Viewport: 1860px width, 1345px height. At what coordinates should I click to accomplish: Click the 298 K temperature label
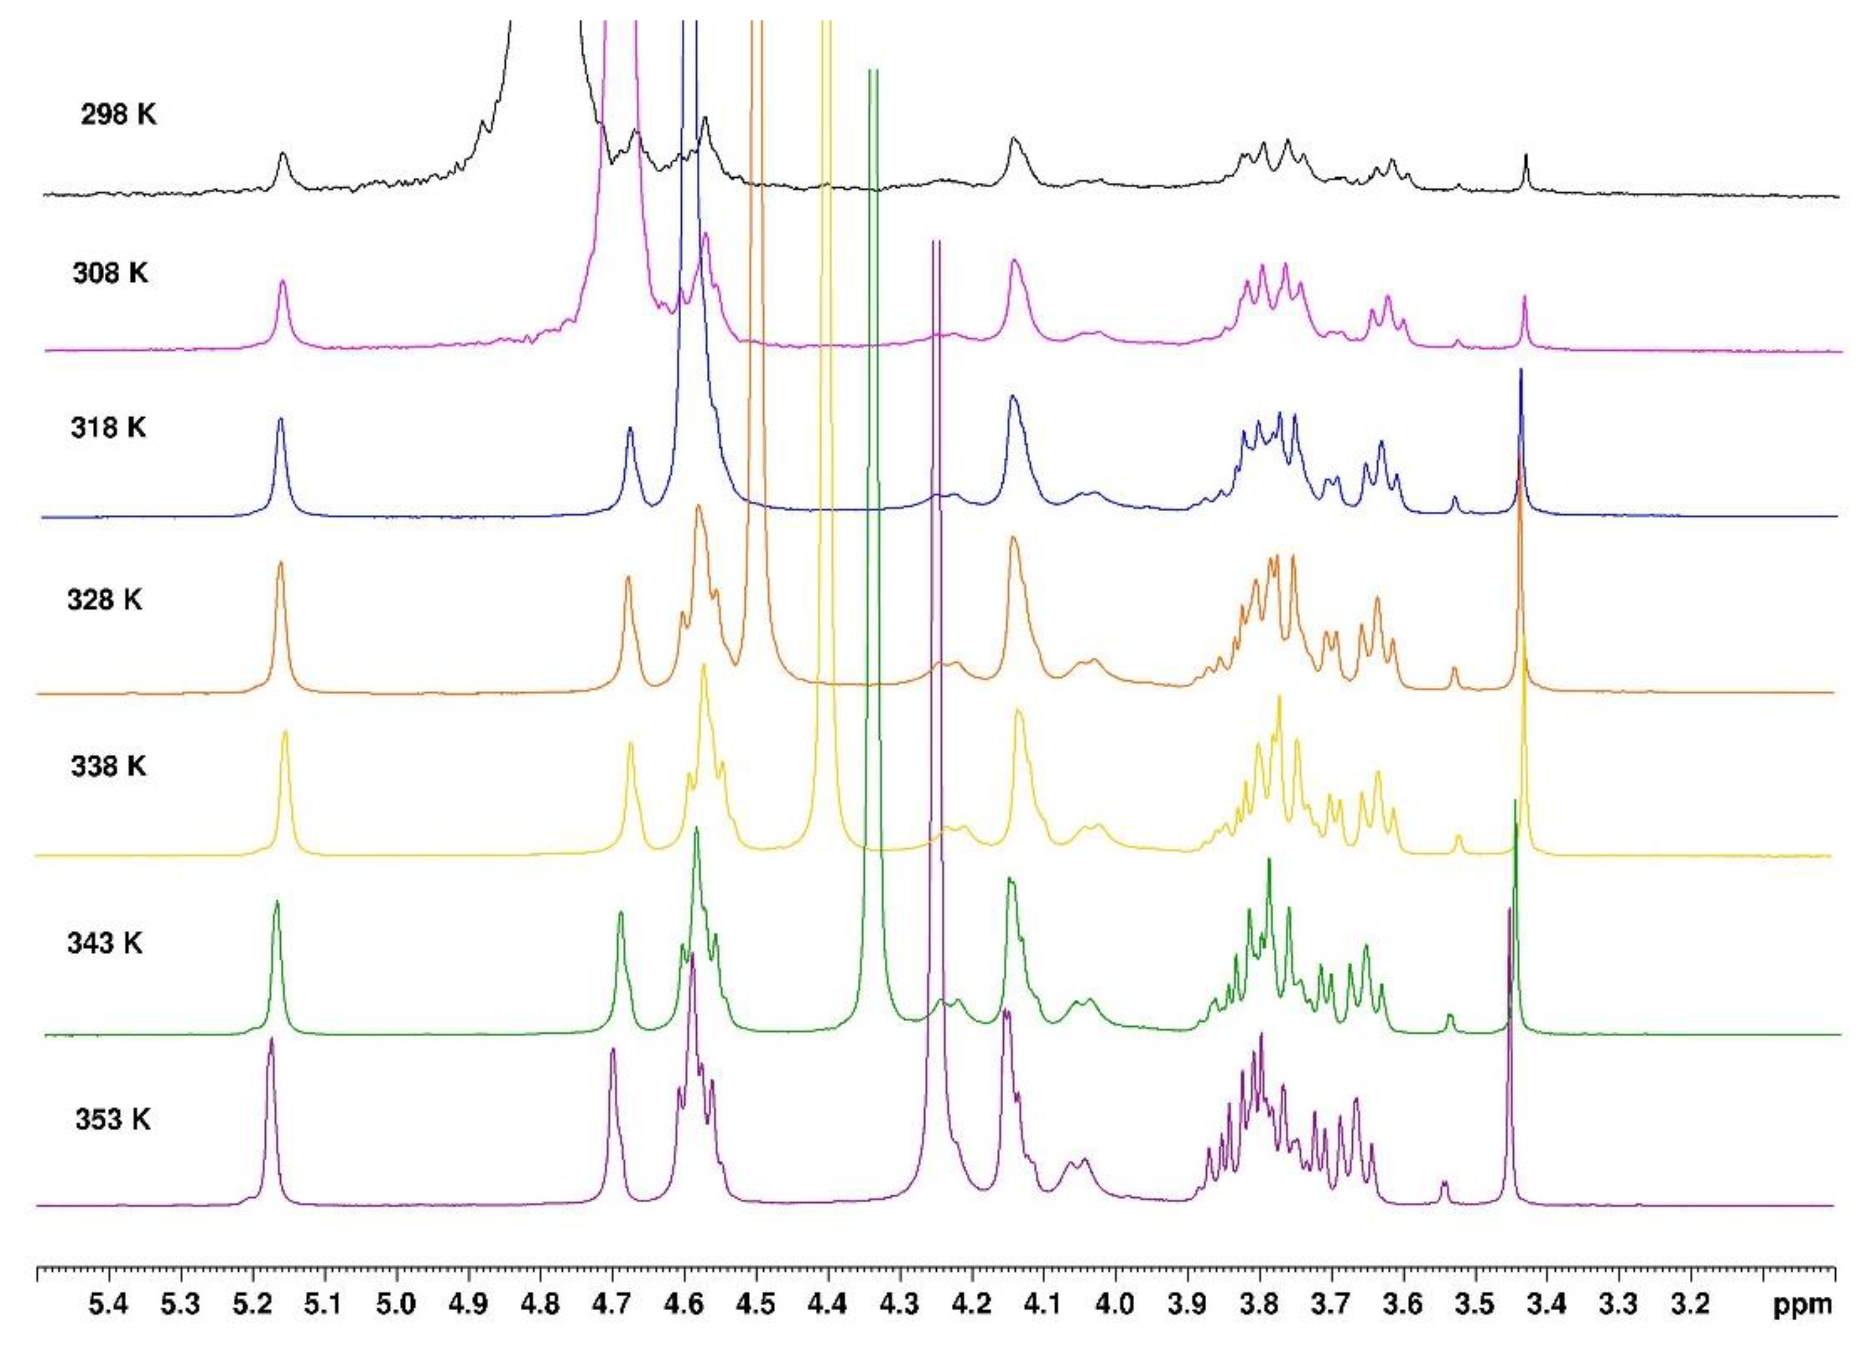pyautogui.click(x=118, y=115)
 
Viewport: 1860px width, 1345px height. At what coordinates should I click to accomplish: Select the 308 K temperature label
pyautogui.click(x=111, y=272)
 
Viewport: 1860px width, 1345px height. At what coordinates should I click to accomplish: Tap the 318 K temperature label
pyautogui.click(x=108, y=427)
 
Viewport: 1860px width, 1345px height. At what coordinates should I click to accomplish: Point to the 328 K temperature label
pyautogui.click(x=105, y=600)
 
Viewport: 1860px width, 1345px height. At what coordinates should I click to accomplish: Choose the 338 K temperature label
pyautogui.click(x=108, y=767)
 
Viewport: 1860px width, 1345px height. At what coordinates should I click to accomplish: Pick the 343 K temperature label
pyautogui.click(x=105, y=943)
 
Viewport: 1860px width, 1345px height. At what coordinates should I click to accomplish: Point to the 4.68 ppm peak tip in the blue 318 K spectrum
pyautogui.click(x=630, y=428)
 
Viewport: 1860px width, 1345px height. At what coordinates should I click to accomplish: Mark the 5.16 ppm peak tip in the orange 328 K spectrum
pyautogui.click(x=280, y=563)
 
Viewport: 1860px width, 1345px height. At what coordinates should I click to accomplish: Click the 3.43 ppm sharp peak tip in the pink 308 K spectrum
pyautogui.click(x=1525, y=297)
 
